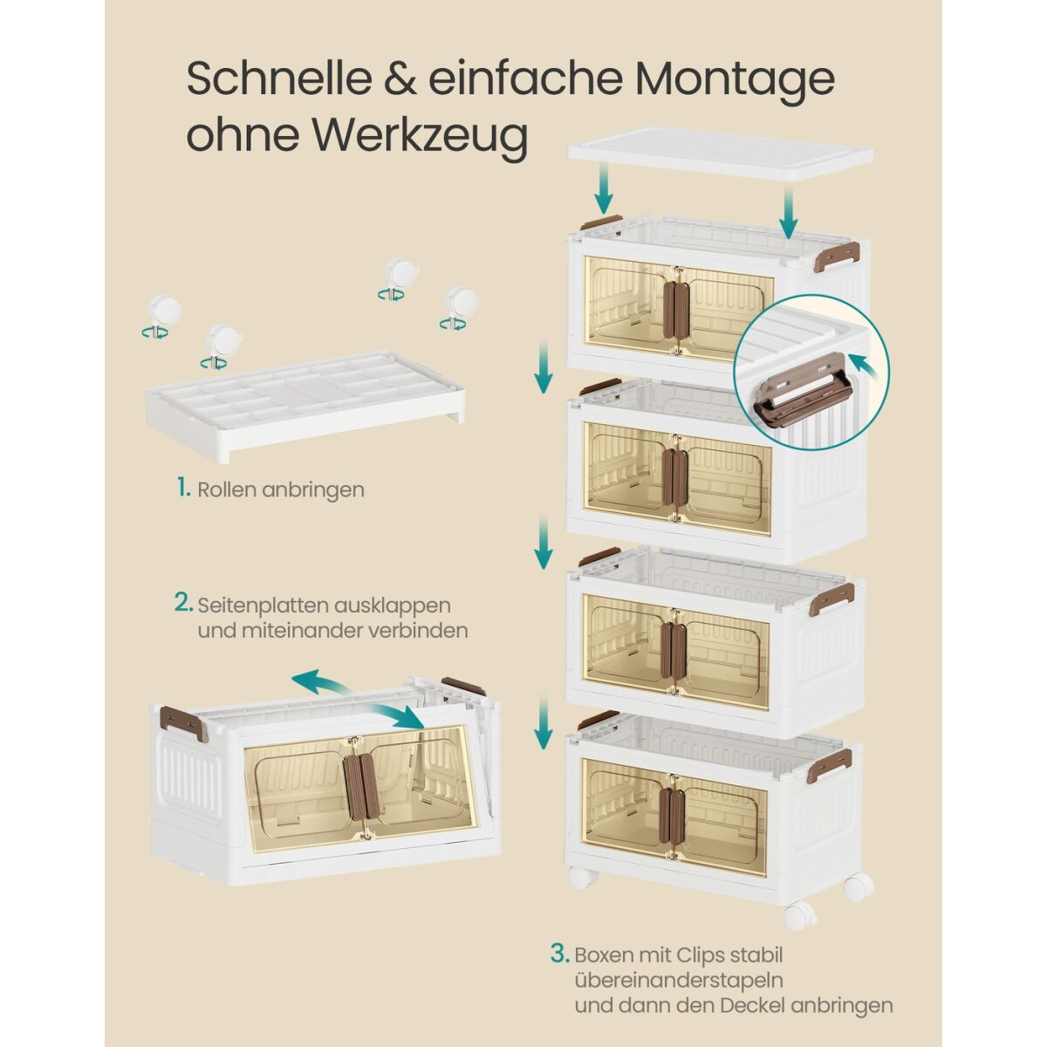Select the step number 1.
tap(183, 489)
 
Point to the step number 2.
tap(183, 603)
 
